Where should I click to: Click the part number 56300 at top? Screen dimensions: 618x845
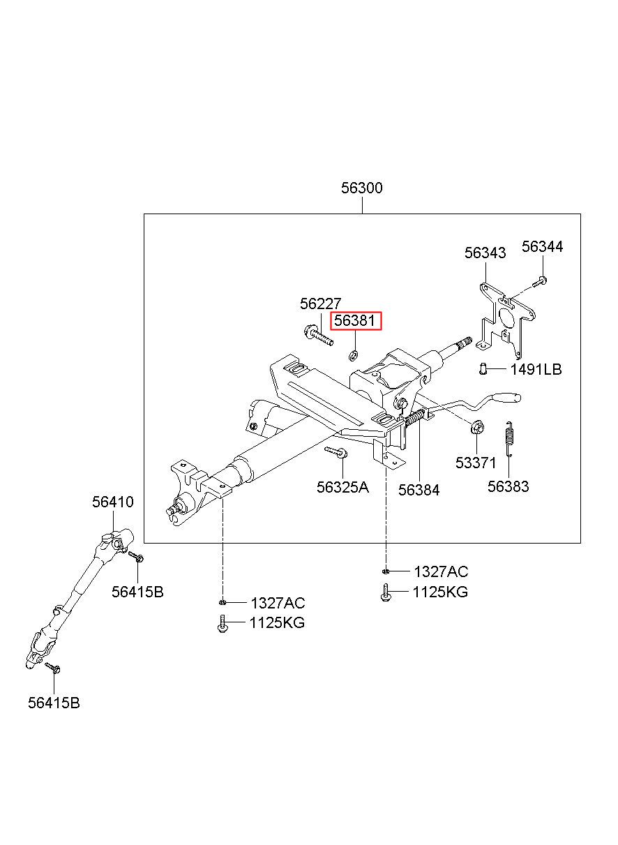click(x=361, y=188)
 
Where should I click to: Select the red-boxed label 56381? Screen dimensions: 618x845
click(x=356, y=321)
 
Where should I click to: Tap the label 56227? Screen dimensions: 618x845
click(x=320, y=304)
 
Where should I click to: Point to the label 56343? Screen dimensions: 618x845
click(x=485, y=253)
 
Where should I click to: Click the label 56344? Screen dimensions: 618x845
click(x=542, y=246)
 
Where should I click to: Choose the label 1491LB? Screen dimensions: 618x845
click(x=536, y=369)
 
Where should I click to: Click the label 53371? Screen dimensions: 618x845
click(x=476, y=463)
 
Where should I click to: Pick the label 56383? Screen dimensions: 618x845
click(x=508, y=486)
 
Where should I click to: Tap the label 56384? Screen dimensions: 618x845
click(x=419, y=490)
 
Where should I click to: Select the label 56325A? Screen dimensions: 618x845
click(x=342, y=487)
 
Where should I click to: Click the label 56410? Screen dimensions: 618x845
click(x=113, y=502)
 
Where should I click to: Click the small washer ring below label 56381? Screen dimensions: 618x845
click(x=354, y=354)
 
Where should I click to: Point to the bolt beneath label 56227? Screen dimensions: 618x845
click(x=318, y=336)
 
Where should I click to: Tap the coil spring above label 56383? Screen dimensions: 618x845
click(x=508, y=439)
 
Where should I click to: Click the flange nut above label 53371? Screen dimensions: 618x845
click(x=476, y=428)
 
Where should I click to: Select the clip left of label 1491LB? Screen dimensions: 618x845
click(x=483, y=368)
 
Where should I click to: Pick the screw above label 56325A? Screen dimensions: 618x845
click(x=336, y=451)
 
